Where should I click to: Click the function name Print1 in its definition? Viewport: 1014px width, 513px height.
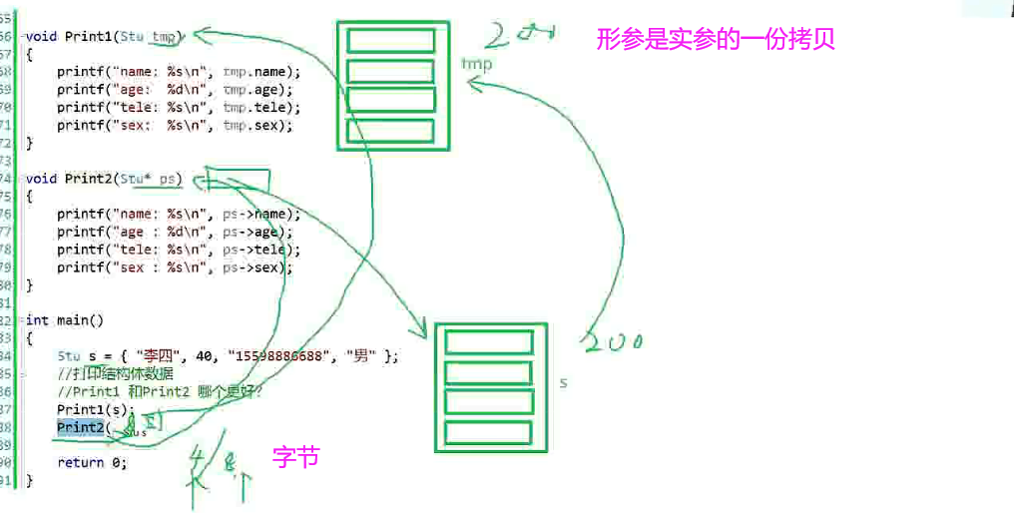pos(89,37)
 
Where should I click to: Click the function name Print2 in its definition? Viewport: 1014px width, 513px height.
pos(89,179)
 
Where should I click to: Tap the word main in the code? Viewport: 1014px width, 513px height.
pos(72,320)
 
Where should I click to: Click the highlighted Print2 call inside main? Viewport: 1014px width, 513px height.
pos(80,427)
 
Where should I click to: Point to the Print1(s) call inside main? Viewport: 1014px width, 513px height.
pos(95,409)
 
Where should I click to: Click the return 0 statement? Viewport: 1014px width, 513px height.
pos(92,462)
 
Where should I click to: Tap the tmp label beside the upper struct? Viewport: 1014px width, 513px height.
pos(477,65)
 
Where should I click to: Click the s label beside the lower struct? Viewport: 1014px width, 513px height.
pos(564,382)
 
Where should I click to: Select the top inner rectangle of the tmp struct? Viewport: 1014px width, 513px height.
pos(390,41)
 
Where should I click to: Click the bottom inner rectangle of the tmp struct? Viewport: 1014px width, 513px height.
pos(390,131)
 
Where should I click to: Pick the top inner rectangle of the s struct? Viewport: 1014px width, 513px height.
pos(489,341)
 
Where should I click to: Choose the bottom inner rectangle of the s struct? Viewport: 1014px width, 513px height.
pos(489,433)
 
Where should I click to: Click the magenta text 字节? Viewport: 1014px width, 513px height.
pos(295,458)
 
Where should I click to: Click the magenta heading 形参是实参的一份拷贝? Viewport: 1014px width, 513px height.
pos(715,40)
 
